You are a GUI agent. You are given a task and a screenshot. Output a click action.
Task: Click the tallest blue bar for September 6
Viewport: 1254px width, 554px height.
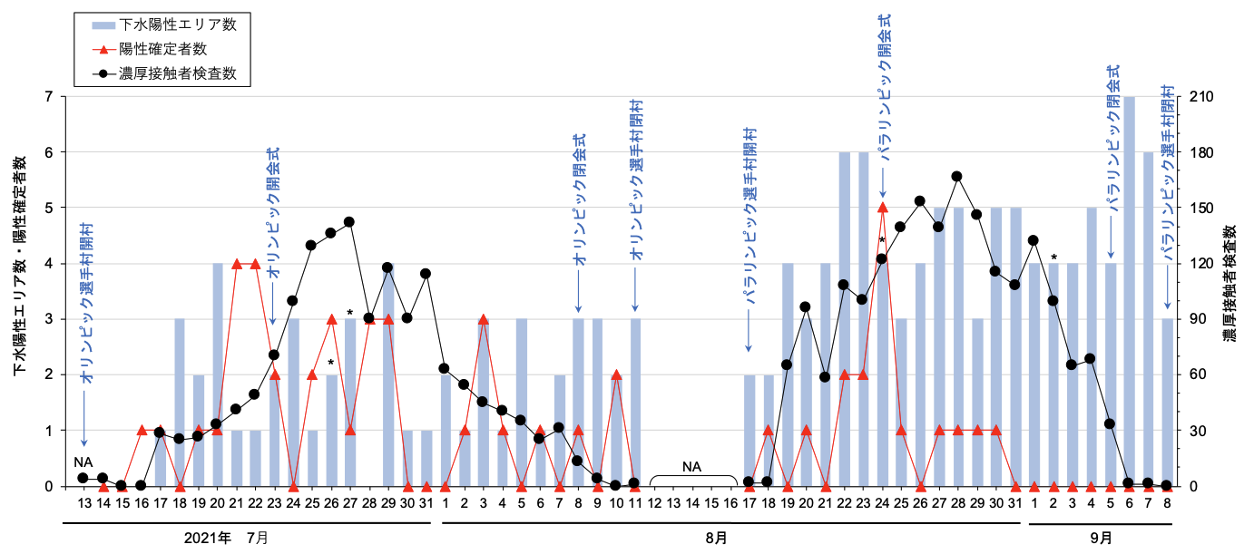1129,292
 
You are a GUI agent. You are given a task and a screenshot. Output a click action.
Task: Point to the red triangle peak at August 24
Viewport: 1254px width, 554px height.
883,209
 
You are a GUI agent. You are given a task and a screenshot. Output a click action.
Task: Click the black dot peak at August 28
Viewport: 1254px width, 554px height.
956,177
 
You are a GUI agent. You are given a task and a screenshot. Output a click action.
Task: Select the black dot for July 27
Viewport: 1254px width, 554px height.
349,222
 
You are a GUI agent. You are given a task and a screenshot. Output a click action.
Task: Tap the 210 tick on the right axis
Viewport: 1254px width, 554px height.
1201,97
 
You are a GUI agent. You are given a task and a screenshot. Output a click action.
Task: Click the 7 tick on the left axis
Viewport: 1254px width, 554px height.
49,97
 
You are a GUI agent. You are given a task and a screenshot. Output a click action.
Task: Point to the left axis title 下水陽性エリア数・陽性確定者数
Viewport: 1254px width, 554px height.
20,266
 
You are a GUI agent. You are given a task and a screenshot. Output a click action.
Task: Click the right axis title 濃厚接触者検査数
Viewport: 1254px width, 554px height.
1230,283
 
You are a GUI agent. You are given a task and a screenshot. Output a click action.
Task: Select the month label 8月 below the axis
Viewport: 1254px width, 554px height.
716,539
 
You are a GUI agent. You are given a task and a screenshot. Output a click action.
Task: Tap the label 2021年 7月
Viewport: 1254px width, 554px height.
226,539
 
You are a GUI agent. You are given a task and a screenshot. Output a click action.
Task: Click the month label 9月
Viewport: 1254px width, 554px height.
1102,539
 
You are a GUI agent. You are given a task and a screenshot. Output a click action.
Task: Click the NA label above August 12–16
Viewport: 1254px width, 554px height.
692,467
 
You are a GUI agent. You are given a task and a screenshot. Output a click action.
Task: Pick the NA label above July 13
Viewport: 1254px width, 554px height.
83,462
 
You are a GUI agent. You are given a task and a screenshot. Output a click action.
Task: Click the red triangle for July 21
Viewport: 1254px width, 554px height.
236,264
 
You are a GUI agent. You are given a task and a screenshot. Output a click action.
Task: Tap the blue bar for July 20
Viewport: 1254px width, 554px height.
217,375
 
